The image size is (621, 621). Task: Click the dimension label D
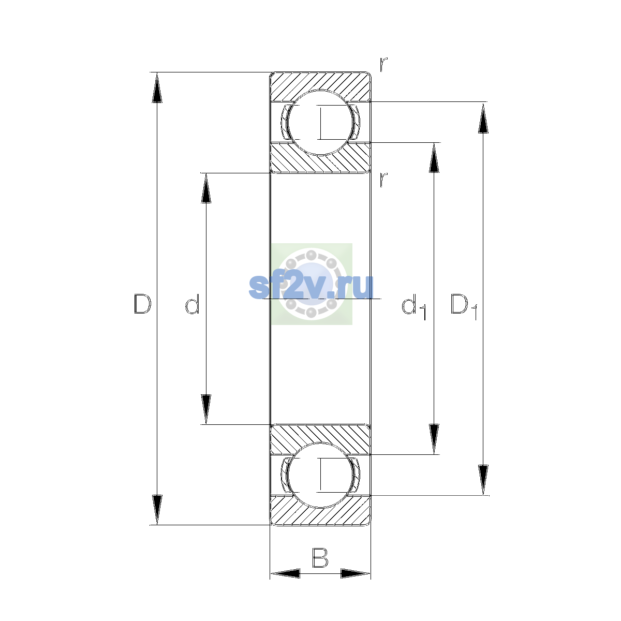click(x=142, y=304)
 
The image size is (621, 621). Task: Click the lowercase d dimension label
click(x=193, y=304)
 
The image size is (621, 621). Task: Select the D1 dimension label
click(x=464, y=306)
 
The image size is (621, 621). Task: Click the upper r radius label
click(x=383, y=65)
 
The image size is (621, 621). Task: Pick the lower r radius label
click(x=383, y=180)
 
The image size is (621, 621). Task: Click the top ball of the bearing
click(x=320, y=123)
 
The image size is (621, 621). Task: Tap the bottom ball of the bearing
click(x=320, y=476)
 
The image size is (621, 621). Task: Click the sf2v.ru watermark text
click(x=311, y=287)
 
